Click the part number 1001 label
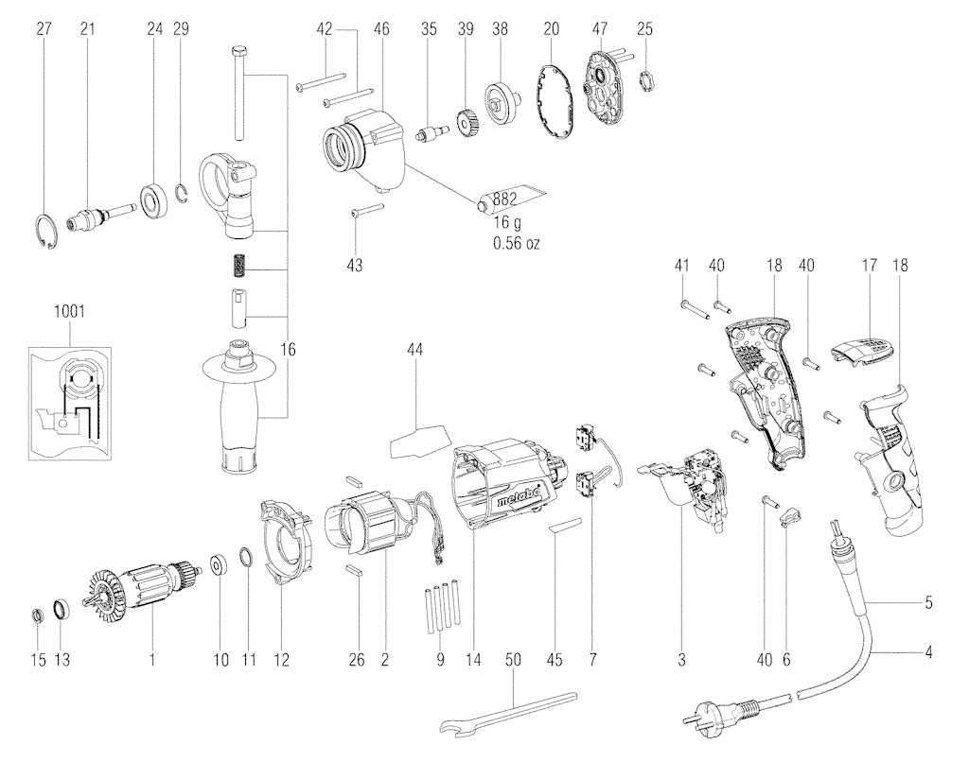point(69,311)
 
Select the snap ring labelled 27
point(45,230)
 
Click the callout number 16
point(288,350)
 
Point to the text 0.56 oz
point(516,243)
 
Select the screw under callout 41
point(695,308)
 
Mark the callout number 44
point(415,350)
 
